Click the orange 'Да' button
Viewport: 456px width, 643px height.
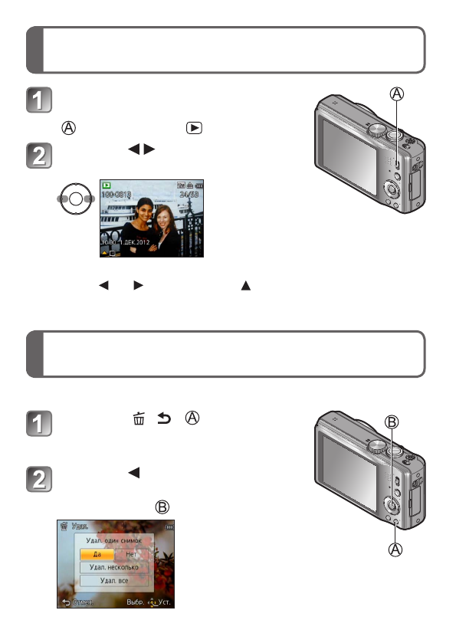pos(97,553)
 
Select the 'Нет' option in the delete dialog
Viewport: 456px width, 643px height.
pos(131,553)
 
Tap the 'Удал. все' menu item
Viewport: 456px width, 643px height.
pos(113,581)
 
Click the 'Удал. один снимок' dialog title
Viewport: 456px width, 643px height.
pos(113,540)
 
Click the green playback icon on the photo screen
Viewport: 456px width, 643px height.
pos(107,185)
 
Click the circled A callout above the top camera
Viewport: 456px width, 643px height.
pos(396,94)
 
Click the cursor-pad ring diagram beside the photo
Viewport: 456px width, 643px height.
pos(75,197)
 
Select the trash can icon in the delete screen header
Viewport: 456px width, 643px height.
pos(64,527)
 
